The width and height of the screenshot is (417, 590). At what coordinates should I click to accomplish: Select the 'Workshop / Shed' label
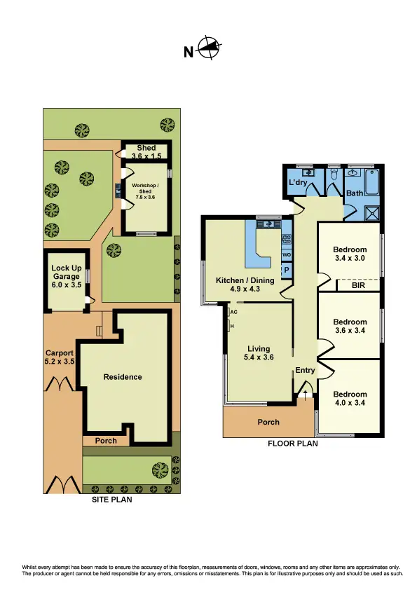coord(146,191)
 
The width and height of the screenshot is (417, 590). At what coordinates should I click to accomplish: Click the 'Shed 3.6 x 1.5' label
coord(146,152)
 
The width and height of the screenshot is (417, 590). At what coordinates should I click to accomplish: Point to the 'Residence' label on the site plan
coord(123,377)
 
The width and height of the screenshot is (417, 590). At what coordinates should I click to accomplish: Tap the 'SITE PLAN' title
coord(112,500)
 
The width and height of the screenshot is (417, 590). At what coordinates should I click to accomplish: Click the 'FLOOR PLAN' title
coord(294,443)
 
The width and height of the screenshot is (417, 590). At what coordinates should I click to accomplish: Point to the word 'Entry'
coord(305,371)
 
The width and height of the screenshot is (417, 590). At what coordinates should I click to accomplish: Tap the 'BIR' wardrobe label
coord(357,286)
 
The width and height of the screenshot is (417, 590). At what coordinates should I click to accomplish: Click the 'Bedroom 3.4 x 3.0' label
coord(349,254)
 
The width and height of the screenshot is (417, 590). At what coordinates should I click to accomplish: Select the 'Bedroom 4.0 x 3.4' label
coord(349,398)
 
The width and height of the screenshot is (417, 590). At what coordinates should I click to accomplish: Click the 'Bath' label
coord(354,192)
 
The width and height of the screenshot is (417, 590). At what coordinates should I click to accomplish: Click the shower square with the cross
coord(372,214)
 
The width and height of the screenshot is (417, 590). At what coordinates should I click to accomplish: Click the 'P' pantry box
coord(286,270)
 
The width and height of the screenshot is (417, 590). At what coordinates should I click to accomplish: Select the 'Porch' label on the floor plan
coord(268,422)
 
